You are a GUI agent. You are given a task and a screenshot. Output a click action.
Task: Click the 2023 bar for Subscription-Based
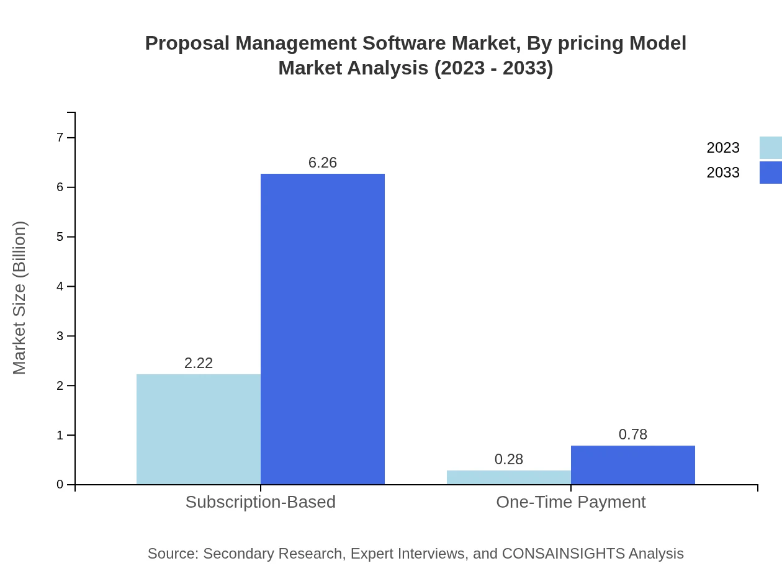(x=199, y=429)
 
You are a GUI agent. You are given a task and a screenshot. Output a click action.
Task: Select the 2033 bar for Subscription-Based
(x=323, y=329)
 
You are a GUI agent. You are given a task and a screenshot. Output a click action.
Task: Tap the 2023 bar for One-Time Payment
(x=509, y=477)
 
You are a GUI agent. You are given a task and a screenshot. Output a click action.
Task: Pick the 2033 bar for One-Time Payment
(x=633, y=465)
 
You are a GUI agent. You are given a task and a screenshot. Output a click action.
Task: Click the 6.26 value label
(x=323, y=163)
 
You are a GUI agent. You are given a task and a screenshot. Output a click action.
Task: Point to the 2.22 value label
(x=199, y=363)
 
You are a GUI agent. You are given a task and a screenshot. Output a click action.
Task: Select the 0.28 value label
(x=509, y=459)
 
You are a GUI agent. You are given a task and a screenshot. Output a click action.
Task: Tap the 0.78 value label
(x=633, y=434)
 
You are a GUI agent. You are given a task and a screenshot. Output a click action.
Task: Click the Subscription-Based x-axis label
(x=261, y=501)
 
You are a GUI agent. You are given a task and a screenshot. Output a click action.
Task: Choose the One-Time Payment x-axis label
(x=571, y=501)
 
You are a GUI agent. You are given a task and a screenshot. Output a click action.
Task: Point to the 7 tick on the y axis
(x=60, y=137)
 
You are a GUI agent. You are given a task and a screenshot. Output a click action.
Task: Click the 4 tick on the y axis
(x=60, y=286)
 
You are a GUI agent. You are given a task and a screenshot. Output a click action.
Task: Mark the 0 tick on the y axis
(x=60, y=485)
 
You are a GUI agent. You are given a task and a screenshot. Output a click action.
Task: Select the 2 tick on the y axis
(x=60, y=385)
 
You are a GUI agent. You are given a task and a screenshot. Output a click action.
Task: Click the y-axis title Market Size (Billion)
(x=19, y=298)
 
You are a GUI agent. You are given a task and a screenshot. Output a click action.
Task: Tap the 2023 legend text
(x=723, y=148)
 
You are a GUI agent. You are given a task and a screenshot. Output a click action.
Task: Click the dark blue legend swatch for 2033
(x=771, y=173)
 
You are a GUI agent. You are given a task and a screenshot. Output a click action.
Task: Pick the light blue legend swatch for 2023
(x=771, y=148)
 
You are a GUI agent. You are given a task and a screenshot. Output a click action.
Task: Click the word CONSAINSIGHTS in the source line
(x=563, y=554)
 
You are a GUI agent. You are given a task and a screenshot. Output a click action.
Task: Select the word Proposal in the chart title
(x=187, y=43)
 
